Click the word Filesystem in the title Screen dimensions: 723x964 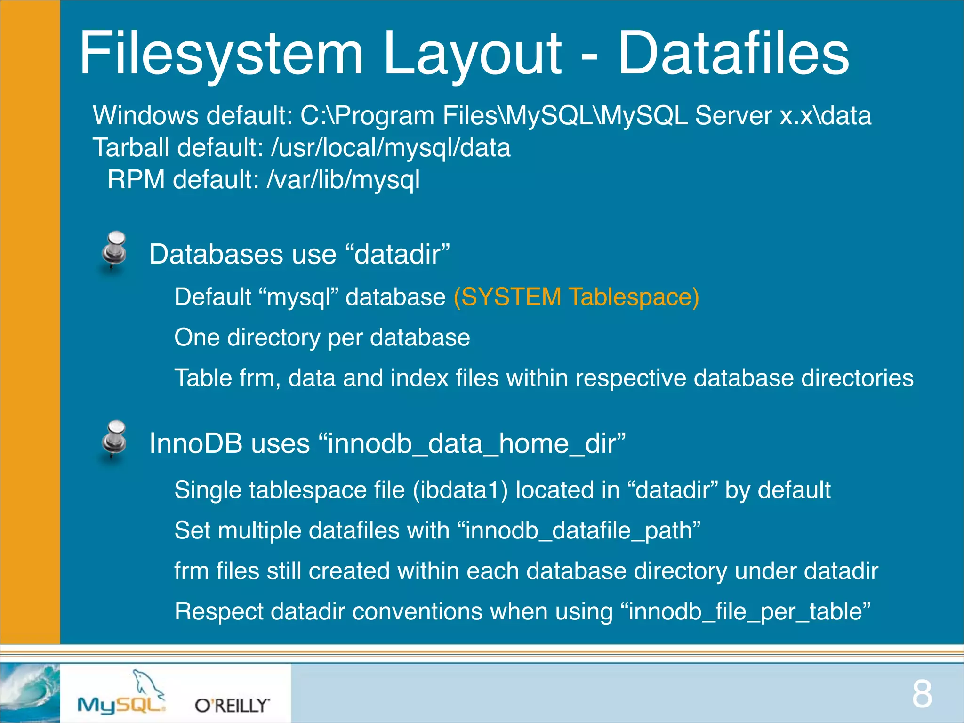(221, 53)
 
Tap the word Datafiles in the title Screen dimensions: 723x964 (733, 53)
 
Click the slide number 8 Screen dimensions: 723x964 (922, 694)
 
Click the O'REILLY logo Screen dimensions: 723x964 (232, 705)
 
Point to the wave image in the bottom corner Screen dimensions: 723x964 (30, 692)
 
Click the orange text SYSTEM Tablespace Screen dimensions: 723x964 (576, 297)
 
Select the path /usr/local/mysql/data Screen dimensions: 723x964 (391, 148)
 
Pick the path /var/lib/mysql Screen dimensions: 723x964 (343, 180)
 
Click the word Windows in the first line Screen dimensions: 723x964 (145, 116)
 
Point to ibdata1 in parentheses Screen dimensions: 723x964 (460, 490)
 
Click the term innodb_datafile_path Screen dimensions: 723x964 (578, 530)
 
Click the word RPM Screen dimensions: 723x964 (136, 180)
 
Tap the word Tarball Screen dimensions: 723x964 (130, 148)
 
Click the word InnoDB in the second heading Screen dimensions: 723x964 (195, 444)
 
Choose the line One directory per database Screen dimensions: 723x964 (322, 337)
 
